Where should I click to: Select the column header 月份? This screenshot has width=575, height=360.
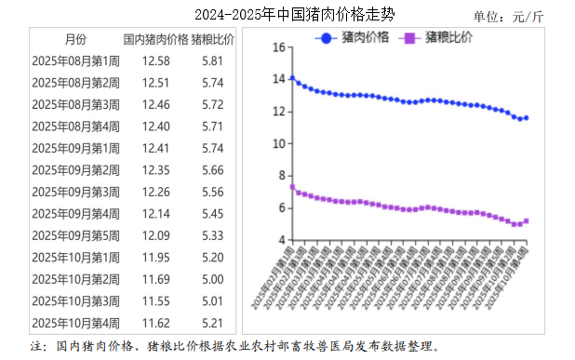pyautogui.click(x=75, y=41)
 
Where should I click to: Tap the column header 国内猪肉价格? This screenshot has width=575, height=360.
pyautogui.click(x=154, y=41)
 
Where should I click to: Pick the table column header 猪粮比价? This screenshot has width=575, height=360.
pyautogui.click(x=213, y=41)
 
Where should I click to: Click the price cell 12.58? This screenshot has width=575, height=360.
pyautogui.click(x=155, y=61)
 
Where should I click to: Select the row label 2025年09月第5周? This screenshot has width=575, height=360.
pyautogui.click(x=75, y=235)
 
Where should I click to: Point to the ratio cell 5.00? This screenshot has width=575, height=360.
pyautogui.click(x=213, y=279)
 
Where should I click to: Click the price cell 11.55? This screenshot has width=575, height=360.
pyautogui.click(x=155, y=301)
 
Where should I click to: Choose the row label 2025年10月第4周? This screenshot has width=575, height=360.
pyautogui.click(x=75, y=323)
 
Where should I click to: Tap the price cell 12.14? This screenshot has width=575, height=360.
pyautogui.click(x=155, y=214)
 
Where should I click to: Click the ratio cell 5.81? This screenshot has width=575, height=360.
pyautogui.click(x=213, y=61)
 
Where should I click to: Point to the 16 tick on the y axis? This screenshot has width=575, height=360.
pyautogui.click(x=276, y=47)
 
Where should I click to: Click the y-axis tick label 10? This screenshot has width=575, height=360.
pyautogui.click(x=276, y=143)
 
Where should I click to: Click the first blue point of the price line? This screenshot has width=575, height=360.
pyautogui.click(x=292, y=78)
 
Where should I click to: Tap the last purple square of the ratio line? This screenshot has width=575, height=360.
pyautogui.click(x=527, y=221)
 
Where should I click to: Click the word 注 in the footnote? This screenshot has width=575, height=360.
pyautogui.click(x=37, y=346)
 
